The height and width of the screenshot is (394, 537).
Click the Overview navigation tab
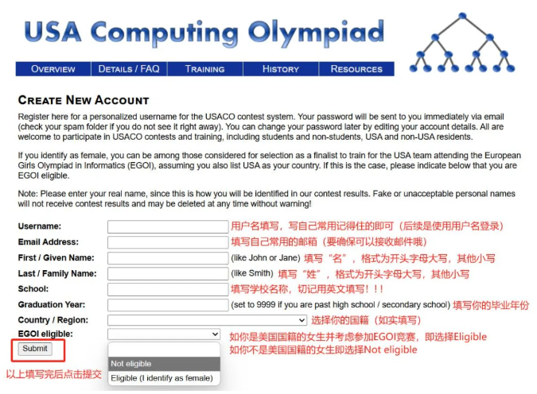(53, 69)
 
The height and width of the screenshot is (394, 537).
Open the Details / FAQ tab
(129, 69)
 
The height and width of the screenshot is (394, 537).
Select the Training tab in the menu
(204, 69)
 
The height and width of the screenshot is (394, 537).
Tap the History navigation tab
(280, 69)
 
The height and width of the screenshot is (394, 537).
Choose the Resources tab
(356, 69)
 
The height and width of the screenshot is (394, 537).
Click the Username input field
(168, 226)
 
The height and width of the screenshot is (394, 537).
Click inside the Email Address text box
(168, 242)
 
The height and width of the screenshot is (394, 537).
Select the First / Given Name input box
(168, 258)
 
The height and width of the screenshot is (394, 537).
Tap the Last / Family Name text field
(168, 274)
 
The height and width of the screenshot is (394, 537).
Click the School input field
(168, 289)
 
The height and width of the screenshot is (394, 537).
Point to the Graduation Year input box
(168, 305)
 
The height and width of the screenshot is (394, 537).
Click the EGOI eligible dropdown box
(163, 335)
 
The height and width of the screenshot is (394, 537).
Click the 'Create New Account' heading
(84, 101)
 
